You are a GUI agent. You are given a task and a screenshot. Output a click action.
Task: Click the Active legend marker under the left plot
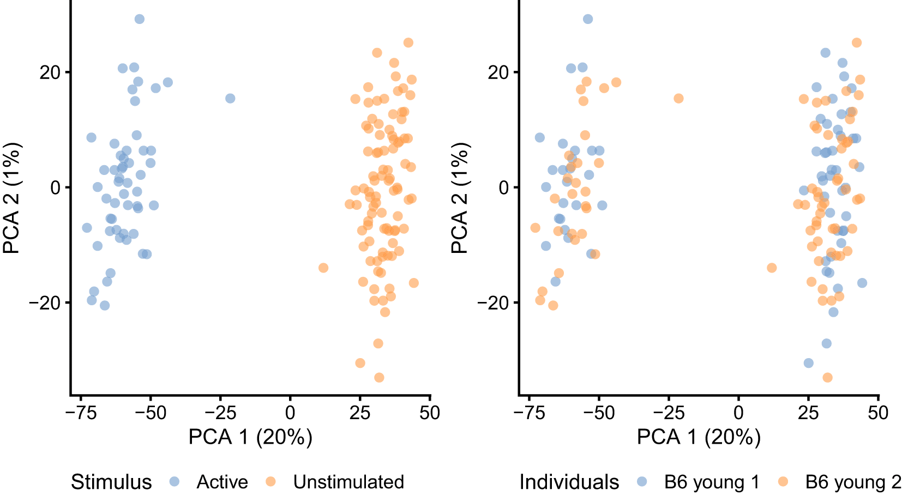coord(174,481)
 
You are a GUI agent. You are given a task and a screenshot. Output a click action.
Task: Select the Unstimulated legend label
coord(348,482)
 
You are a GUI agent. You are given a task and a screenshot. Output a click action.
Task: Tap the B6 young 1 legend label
coord(712,482)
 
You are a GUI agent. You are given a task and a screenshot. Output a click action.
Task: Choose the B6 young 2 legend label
coord(853,482)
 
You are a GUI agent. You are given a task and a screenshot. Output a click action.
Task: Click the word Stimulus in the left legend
coord(111,482)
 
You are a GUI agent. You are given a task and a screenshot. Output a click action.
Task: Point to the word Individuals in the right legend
coord(569,482)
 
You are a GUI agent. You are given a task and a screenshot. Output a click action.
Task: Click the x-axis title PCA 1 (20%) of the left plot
coord(250,437)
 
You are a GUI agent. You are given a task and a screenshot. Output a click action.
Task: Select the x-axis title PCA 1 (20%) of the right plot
coord(699,437)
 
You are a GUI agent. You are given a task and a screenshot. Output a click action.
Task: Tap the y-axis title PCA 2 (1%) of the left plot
coord(11,198)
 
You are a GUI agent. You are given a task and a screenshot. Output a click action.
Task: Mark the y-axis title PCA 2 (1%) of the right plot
coord(460,198)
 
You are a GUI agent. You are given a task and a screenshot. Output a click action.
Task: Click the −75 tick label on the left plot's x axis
coord(81,413)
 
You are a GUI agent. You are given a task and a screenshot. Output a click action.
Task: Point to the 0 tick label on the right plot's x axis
coord(738,413)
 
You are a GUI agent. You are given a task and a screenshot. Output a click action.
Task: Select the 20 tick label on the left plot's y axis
coord(50,72)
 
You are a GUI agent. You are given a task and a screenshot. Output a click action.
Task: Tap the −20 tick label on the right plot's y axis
coord(493,303)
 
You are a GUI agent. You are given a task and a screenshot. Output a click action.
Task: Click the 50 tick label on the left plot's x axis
coord(430,413)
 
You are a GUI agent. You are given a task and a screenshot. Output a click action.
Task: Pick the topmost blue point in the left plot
coord(140,19)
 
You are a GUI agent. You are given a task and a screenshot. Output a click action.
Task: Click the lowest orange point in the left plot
coord(379,377)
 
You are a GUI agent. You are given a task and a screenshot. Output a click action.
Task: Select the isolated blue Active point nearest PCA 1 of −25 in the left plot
coord(230,99)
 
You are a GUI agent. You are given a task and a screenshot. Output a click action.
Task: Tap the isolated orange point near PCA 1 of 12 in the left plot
coord(323,268)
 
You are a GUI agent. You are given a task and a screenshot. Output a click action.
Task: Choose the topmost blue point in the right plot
coord(588,19)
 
